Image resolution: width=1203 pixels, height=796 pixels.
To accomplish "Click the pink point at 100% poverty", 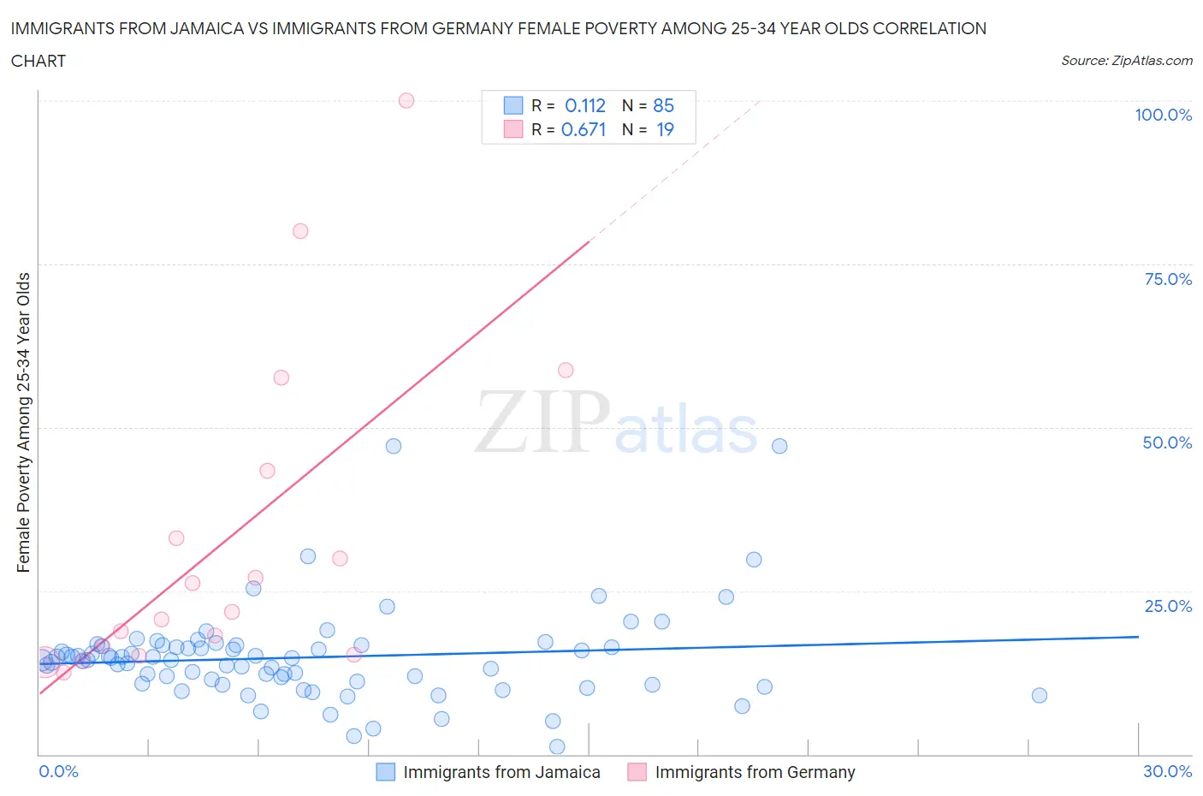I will pos(406,100).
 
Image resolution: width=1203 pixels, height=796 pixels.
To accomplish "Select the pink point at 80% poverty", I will pos(300,231).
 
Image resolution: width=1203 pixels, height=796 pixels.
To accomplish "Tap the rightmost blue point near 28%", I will pos(1039,695).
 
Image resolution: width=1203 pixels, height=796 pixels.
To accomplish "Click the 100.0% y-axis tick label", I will pos(1163,116).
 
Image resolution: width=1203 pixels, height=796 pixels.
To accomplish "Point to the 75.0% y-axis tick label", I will pos(1168,279).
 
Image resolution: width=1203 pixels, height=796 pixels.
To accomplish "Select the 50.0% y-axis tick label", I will pos(1167,443).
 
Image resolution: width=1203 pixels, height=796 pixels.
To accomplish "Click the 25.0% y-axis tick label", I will pos(1168,606).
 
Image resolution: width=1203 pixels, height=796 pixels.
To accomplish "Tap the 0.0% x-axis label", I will pos(58,771).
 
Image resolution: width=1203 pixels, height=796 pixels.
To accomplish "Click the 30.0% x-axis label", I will pos(1167,771).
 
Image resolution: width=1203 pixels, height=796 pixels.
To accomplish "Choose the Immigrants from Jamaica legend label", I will pos(501,772).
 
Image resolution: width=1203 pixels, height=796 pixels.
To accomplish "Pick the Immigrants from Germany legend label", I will pos(755,772).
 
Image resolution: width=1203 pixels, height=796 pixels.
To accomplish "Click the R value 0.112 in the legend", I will pos(585,105).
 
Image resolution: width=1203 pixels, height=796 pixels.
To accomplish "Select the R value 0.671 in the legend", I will pos(584,129).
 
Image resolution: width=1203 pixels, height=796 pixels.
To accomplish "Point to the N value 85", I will pos(663,105).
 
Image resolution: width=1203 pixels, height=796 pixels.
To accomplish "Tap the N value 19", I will pos(665,129).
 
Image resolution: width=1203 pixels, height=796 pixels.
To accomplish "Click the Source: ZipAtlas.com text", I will pos(1126,61).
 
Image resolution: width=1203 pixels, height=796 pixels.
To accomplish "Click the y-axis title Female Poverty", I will pos(23,422).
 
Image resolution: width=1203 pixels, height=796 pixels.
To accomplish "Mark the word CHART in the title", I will pos(39,61).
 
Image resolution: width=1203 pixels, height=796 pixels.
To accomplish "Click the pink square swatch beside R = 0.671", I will pos(513,129).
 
